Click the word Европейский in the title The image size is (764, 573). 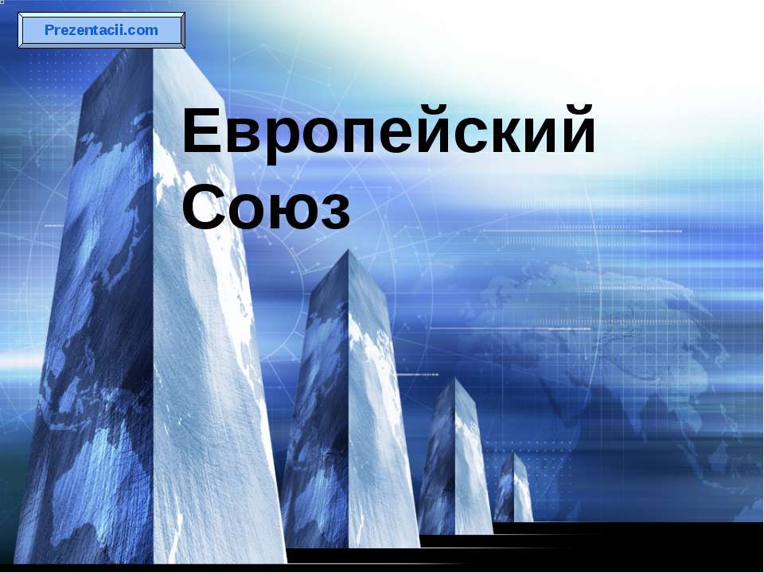(388, 133)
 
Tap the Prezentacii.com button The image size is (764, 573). (102, 31)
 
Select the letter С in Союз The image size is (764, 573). (206, 208)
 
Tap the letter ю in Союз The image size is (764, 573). (292, 212)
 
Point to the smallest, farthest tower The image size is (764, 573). (513, 489)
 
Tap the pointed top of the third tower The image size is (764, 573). (455, 380)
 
